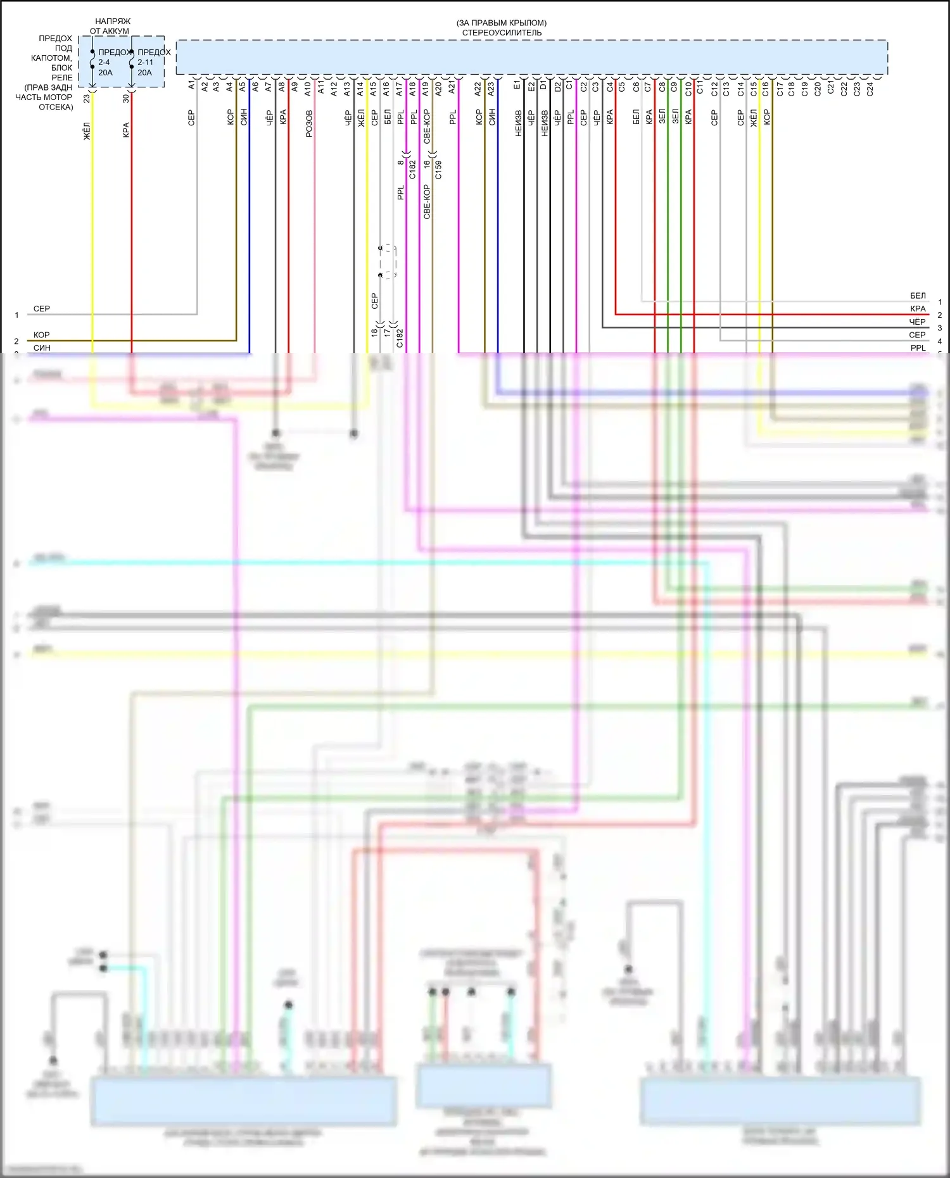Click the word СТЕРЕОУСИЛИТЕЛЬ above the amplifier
(502, 33)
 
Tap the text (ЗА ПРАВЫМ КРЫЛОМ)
(502, 23)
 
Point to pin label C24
(870, 89)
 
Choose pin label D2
(557, 86)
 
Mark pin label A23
(491, 89)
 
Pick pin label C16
(765, 89)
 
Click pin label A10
(308, 89)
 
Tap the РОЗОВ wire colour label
(309, 123)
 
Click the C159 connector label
(438, 170)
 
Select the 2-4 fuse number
(104, 62)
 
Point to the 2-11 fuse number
(145, 62)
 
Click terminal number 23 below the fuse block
(87, 99)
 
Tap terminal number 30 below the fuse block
(126, 98)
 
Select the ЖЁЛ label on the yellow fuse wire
(87, 131)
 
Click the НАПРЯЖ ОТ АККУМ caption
(110, 26)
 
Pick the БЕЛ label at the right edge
(918, 296)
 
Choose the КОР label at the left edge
(42, 335)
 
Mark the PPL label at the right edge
(918, 348)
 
